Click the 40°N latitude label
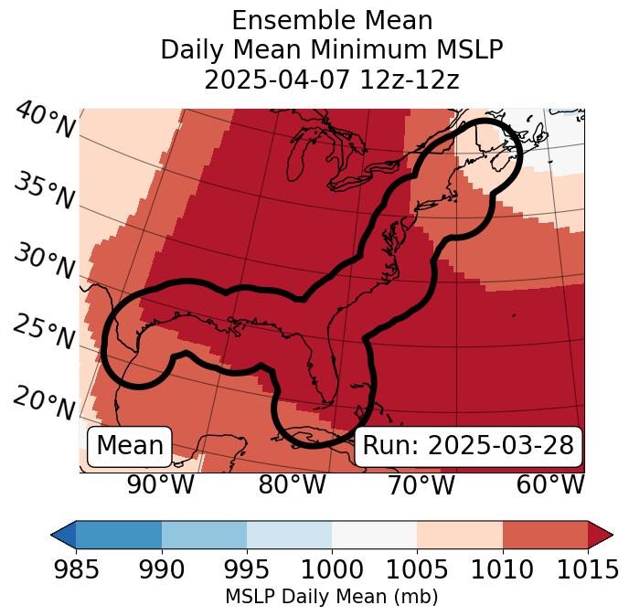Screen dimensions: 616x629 click(x=44, y=121)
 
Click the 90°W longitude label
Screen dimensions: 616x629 click(x=160, y=485)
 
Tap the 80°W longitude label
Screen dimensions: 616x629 click(x=292, y=485)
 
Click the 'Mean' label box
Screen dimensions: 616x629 click(x=130, y=445)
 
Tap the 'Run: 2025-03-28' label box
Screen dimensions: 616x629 click(x=468, y=445)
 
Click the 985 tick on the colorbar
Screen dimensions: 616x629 click(x=76, y=570)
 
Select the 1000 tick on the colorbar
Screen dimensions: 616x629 click(x=332, y=570)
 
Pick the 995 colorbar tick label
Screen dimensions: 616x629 click(x=247, y=570)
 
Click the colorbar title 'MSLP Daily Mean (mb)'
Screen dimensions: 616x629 click(x=331, y=598)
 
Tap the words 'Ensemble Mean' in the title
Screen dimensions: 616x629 click(x=331, y=20)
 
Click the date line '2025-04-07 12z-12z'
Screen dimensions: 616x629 click(x=331, y=80)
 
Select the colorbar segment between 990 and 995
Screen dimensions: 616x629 click(x=204, y=535)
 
